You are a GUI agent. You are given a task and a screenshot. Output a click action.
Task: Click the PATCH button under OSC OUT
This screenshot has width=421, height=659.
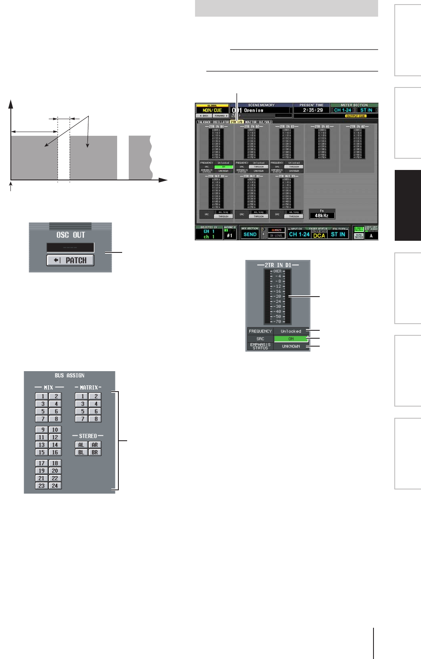(70, 260)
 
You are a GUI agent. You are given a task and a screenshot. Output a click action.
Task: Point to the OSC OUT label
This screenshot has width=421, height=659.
(70, 235)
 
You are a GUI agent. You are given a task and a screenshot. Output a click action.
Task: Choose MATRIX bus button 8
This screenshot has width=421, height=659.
(95, 419)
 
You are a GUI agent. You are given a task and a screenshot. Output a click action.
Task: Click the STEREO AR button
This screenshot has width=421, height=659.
(95, 445)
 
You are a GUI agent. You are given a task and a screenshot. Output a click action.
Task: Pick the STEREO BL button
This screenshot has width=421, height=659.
(81, 452)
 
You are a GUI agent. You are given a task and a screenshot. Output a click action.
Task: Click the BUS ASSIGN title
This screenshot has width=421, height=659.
(70, 375)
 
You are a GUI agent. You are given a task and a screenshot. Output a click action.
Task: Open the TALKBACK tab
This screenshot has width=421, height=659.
(204, 122)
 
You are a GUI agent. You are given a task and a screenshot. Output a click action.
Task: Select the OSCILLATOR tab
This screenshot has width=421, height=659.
(221, 122)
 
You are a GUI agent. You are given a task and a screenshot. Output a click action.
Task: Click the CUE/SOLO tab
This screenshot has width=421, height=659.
(265, 122)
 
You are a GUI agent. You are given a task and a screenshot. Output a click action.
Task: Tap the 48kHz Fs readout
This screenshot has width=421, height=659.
(322, 215)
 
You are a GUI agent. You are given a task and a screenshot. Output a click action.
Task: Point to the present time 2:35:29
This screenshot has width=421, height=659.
(313, 110)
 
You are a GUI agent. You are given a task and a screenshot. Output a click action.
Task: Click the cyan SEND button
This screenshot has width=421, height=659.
(250, 235)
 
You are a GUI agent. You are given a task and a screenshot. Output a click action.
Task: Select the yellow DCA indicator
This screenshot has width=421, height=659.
(319, 235)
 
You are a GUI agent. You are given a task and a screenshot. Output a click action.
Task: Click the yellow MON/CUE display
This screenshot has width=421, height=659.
(212, 110)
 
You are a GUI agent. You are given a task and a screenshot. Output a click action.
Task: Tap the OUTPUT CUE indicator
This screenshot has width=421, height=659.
(356, 116)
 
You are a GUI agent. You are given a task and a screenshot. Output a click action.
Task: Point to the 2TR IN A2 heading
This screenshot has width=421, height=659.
(357, 126)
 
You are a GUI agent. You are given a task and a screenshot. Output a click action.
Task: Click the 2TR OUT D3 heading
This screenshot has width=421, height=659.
(287, 176)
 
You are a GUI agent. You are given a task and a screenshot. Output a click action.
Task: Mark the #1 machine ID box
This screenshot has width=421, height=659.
(230, 235)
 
